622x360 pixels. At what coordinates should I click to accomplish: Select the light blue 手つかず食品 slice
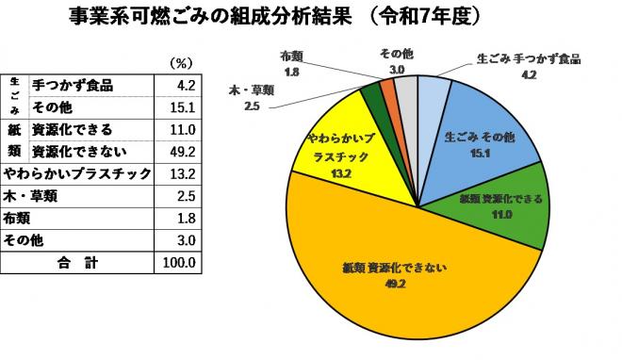[434, 94]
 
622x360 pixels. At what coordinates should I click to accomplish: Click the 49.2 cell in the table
[178, 151]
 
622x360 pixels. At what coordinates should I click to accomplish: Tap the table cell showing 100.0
[176, 262]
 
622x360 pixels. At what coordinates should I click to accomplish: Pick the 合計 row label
[77, 262]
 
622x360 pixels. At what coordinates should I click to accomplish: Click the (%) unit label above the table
[180, 63]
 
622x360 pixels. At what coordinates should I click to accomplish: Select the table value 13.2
[178, 173]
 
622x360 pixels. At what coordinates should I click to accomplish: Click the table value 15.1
[178, 106]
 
